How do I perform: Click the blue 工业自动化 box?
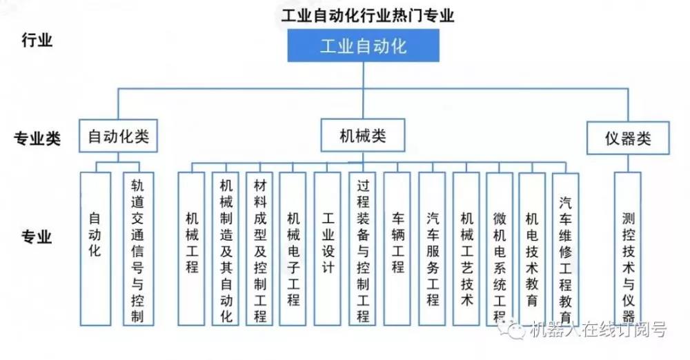(363, 46)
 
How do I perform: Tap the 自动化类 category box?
(118, 137)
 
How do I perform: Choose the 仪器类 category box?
(628, 139)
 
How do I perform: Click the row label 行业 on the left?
(37, 39)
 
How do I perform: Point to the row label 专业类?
(38, 139)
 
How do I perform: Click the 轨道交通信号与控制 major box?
(137, 248)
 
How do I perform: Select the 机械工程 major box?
(191, 248)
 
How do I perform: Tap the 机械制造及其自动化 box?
(226, 248)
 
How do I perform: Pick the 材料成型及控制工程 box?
(259, 248)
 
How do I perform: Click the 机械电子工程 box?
(293, 248)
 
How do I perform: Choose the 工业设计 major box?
(328, 248)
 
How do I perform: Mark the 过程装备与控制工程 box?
(362, 248)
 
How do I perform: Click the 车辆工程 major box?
(397, 248)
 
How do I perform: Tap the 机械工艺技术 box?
(466, 248)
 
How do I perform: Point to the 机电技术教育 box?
(531, 248)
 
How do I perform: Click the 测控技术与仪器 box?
(627, 248)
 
